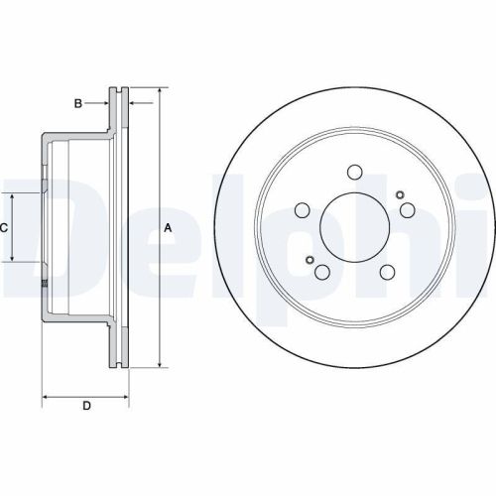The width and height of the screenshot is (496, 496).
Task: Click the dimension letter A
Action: [169, 228]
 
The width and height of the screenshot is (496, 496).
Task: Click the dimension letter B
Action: [77, 102]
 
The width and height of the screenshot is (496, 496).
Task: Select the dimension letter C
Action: [5, 228]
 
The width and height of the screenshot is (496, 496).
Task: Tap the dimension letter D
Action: [86, 406]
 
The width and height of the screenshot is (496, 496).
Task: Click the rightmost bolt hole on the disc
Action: [407, 209]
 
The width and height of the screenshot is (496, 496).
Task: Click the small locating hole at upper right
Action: [398, 193]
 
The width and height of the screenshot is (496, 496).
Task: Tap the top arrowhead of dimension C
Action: [13, 195]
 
